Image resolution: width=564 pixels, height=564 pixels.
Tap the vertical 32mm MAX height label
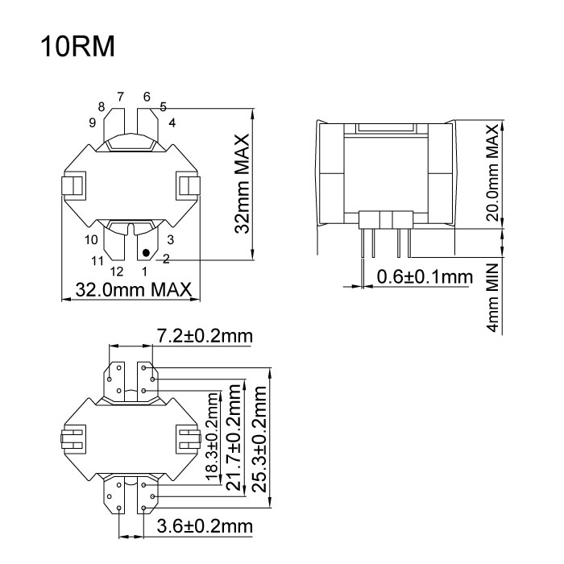click(x=241, y=183)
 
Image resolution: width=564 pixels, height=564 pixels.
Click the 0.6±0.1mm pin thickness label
click(x=424, y=277)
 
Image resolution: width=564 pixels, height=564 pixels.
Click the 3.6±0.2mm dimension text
click(x=205, y=527)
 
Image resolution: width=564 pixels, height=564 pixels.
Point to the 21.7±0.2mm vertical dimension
click(x=234, y=443)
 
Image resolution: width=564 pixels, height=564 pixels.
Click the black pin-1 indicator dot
click(x=147, y=253)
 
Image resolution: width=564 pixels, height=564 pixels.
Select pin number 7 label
click(x=120, y=97)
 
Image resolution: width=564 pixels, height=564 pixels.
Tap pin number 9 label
click(x=93, y=122)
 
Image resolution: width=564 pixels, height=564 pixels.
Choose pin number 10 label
click(x=91, y=239)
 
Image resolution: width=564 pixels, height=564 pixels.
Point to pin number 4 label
click(x=172, y=122)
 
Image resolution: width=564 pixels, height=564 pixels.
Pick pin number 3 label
click(x=171, y=239)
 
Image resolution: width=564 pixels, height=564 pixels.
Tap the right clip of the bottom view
click(x=189, y=441)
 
